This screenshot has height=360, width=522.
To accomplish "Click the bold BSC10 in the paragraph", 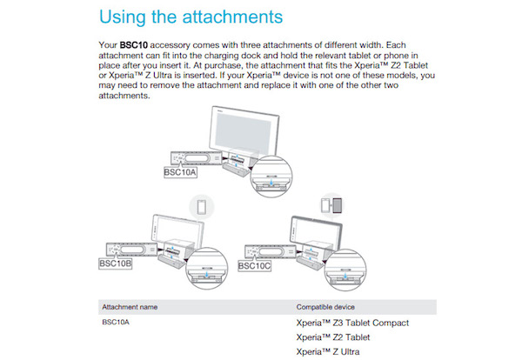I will pyautogui.click(x=132, y=43).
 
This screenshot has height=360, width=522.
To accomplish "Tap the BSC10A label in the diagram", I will pyautogui.click(x=181, y=172).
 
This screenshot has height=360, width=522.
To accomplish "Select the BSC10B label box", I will pyautogui.click(x=117, y=263).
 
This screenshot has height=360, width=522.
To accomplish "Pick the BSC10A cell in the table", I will pyautogui.click(x=117, y=323).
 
